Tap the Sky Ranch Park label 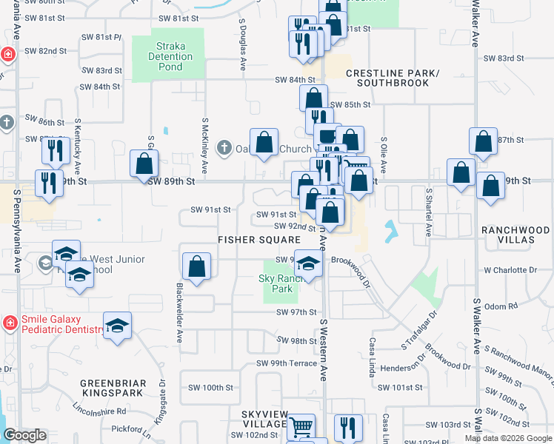tap(276, 283)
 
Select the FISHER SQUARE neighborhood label tap(258, 240)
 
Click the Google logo tap(24, 435)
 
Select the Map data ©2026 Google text tap(508, 438)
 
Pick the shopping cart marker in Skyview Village tap(301, 426)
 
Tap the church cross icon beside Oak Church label tap(224, 149)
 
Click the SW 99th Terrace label tap(287, 363)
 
